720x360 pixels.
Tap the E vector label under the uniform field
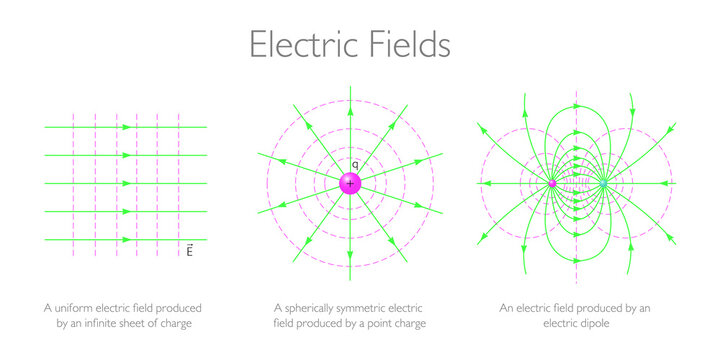(189, 250)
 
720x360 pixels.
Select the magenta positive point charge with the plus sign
(350, 183)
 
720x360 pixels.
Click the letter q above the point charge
(353, 163)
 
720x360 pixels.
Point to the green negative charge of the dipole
(603, 183)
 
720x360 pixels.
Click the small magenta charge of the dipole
(552, 183)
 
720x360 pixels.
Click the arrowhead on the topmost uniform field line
(126, 127)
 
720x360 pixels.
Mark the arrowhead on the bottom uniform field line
(126, 240)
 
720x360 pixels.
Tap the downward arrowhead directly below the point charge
(350, 252)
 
